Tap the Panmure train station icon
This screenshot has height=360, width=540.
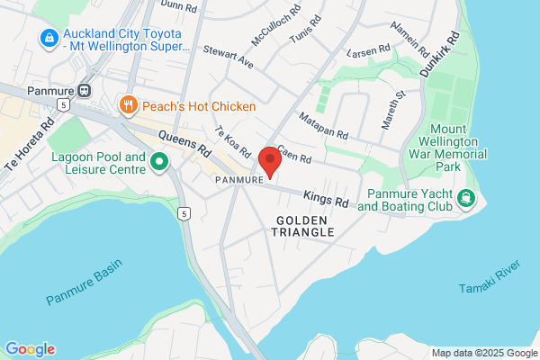pos(85,90)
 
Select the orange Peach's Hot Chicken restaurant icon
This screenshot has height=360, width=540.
pos(130,106)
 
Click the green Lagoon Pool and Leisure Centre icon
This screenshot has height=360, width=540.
pos(160,163)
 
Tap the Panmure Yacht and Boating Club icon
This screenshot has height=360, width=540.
pos(465,198)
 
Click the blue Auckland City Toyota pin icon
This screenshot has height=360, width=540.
pos(48,40)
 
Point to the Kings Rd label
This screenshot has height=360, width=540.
pos(325,199)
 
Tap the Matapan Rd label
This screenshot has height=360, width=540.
pos(323,126)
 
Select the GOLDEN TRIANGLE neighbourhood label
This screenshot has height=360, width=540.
pos(304,226)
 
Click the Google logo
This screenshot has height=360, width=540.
pos(30,348)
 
